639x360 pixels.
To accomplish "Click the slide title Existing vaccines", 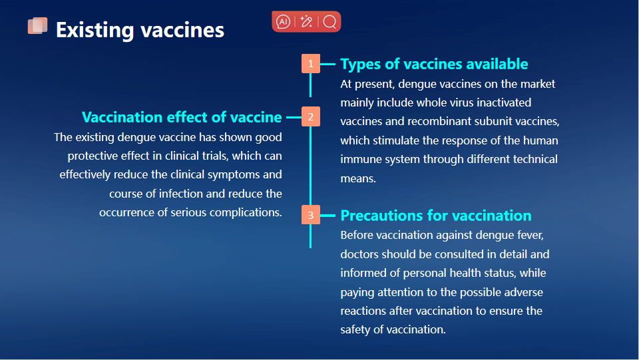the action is tap(140, 30).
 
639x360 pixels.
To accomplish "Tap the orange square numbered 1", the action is tap(311, 63).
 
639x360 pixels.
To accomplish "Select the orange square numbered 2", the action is tap(311, 117).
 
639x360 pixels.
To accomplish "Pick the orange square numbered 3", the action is tap(311, 215).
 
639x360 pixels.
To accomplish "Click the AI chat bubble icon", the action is tap(284, 21).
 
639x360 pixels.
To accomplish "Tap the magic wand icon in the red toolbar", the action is tap(306, 21).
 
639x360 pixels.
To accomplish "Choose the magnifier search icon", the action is tap(329, 21).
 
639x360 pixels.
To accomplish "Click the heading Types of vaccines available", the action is tap(434, 64).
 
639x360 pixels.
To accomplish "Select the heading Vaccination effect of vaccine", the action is tap(182, 117).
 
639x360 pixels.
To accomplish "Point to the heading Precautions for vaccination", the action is tap(435, 216).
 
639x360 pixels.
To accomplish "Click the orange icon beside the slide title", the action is tap(37, 26).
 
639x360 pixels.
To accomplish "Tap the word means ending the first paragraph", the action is tap(358, 179).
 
